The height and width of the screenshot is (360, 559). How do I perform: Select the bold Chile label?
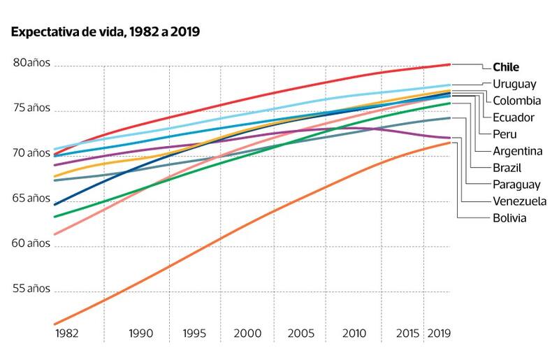507,67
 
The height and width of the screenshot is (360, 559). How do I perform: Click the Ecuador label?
514,117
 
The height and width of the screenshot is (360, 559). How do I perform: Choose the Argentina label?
518,151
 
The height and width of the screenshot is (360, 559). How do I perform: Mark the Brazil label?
508,168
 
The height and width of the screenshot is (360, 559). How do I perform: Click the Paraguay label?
517,185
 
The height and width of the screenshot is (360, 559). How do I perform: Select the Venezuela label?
519,201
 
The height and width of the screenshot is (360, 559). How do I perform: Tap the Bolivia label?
509,218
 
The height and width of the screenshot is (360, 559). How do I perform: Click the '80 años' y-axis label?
31,64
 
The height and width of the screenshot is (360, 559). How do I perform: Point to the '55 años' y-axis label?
31,289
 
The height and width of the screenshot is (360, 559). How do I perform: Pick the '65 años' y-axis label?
31,199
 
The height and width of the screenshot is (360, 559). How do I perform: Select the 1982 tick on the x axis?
66,333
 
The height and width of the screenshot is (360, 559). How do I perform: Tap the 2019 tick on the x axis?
438,333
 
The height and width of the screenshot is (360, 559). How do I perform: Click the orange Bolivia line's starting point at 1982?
55,324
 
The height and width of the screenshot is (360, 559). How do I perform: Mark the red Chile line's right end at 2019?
450,64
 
